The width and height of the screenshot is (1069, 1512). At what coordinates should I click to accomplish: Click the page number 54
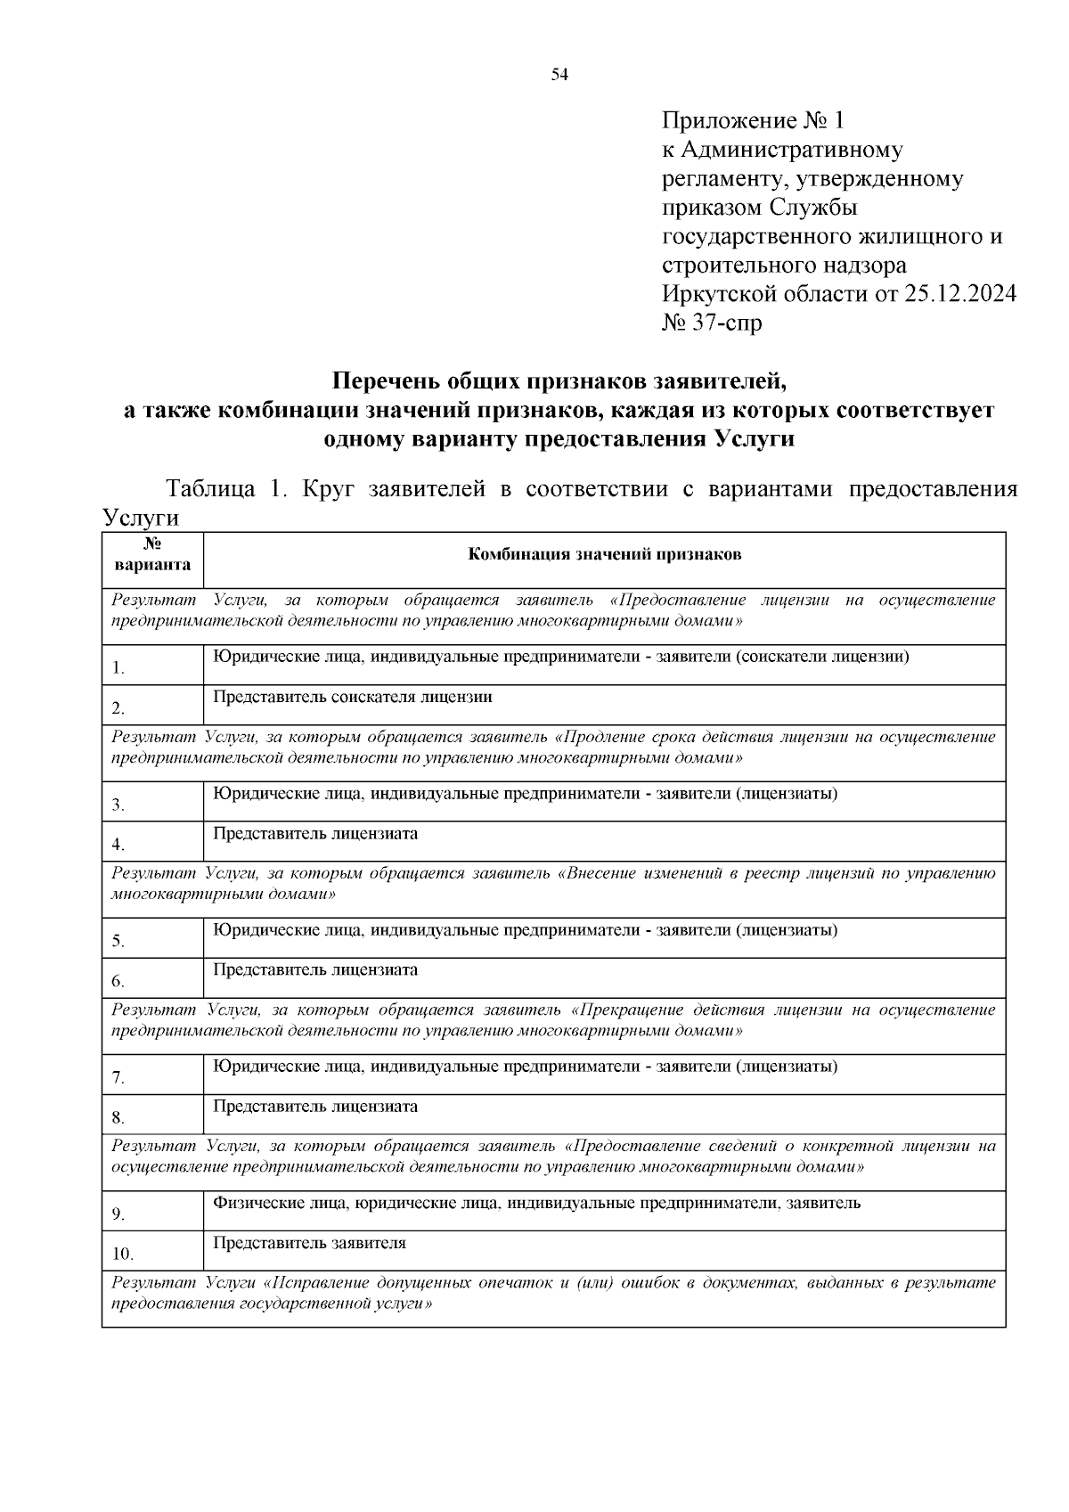coord(559,75)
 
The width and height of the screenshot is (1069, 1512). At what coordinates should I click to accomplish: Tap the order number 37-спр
coord(724,323)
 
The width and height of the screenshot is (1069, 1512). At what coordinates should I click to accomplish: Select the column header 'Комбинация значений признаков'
coord(605,555)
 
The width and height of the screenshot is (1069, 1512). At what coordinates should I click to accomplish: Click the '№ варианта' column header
coord(152,554)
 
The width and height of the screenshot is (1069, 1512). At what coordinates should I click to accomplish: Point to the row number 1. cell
coord(152,666)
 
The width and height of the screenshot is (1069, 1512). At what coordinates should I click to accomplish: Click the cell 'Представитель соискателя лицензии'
coord(353,697)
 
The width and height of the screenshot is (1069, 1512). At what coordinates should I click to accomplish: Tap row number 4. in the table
coord(152,844)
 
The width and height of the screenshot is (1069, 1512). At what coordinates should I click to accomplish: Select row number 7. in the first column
coord(152,1076)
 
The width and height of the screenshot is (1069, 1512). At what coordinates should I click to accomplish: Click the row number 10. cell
coord(152,1254)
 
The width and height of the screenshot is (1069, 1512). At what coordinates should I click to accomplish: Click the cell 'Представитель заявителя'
coord(309,1243)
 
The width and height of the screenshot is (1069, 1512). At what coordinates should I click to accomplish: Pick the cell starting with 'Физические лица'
coord(536,1203)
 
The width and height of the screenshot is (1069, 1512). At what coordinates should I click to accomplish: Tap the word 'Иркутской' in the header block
coord(715,294)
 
